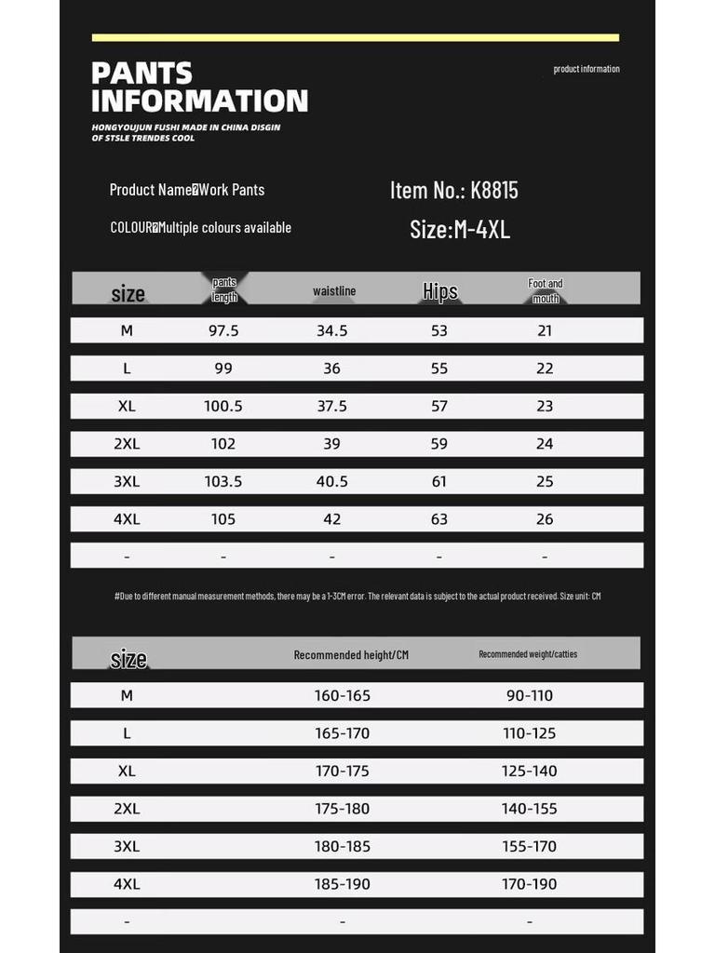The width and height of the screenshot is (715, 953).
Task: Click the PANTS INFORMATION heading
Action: click(199, 87)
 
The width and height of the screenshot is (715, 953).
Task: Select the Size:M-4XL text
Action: click(460, 229)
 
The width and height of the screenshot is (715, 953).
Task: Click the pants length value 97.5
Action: click(223, 330)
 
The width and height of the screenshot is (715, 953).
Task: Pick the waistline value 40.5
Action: click(332, 481)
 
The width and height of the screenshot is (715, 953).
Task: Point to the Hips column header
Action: click(440, 291)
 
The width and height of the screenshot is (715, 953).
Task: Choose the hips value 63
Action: click(439, 519)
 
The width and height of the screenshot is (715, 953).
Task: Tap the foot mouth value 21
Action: click(545, 330)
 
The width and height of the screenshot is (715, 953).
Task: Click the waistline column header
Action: click(334, 291)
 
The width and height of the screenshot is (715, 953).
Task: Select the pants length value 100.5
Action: click(223, 406)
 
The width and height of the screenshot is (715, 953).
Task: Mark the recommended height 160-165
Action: click(342, 695)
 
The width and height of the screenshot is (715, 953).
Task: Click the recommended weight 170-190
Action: click(529, 884)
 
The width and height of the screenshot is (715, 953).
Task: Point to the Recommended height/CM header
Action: click(351, 655)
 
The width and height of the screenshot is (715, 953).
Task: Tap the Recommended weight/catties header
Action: click(528, 654)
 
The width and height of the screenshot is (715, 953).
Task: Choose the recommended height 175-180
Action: click(342, 809)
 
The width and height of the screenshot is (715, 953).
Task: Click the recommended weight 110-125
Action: click(529, 733)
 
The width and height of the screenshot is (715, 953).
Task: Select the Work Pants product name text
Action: click(232, 190)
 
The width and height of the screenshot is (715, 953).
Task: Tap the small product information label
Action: click(586, 69)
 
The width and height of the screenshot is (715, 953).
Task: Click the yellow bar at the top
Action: click(356, 37)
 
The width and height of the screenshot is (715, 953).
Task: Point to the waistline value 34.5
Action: click(332, 330)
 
